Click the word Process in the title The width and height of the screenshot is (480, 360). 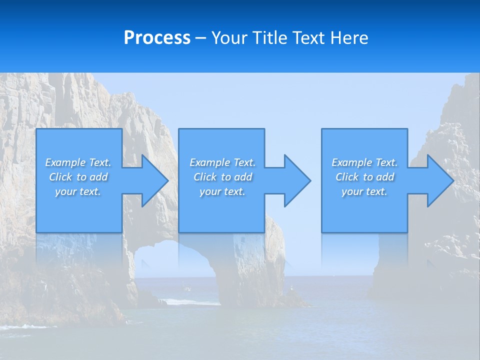pos(157,38)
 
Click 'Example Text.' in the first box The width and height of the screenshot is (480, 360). pos(78,162)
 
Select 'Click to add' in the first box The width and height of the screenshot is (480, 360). pos(78,177)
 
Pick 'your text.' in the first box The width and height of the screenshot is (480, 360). pos(78,191)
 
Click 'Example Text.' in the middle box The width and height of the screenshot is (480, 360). pos(222,162)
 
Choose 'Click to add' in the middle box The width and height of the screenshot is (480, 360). pos(222,177)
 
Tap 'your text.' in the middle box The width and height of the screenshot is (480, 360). pos(222,191)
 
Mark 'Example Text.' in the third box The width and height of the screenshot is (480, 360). pos(364,162)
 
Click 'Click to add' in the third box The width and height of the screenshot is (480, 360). pos(364,177)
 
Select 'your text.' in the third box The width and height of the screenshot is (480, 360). pos(364,191)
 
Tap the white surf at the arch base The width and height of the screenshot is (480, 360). pos(192,302)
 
